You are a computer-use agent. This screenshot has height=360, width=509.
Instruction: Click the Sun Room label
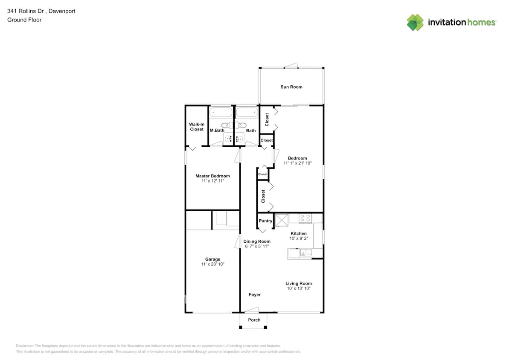click(291, 87)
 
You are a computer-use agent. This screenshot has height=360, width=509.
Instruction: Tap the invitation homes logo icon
click(415, 22)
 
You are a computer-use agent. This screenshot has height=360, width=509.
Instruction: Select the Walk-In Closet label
click(197, 127)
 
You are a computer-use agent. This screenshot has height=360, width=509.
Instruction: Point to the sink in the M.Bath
click(228, 138)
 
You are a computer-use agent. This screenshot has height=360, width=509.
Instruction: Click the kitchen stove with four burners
click(305, 218)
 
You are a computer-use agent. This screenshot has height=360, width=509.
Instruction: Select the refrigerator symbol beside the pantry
click(282, 220)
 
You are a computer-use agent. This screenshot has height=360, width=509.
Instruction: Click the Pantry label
click(265, 221)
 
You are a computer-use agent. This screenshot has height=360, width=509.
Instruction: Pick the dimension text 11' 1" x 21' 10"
click(298, 163)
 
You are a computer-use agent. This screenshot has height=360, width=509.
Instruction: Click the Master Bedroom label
click(212, 176)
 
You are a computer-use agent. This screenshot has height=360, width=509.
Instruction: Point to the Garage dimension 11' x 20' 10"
click(212, 264)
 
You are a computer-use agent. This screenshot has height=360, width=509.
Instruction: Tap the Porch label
click(254, 320)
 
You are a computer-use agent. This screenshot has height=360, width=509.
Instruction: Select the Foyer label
click(255, 295)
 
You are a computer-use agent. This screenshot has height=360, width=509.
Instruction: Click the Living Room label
click(299, 283)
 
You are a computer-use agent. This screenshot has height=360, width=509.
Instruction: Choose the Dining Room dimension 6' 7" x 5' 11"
click(257, 247)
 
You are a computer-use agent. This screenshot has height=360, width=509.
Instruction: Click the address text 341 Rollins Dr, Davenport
click(41, 12)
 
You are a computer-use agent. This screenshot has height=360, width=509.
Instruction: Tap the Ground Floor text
click(24, 20)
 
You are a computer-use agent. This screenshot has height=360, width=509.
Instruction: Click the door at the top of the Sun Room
click(291, 66)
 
